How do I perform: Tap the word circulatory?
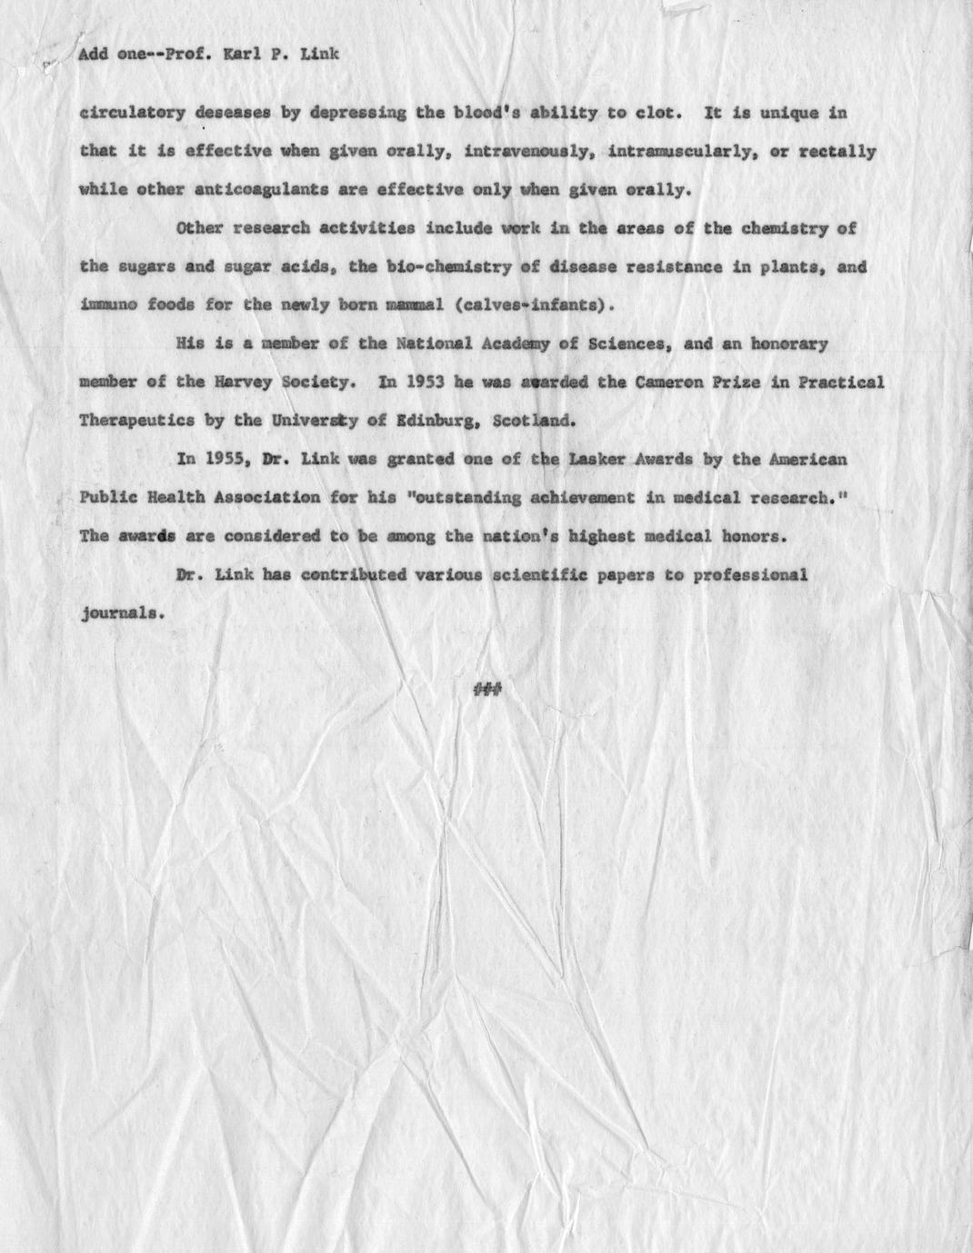click(132, 114)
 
